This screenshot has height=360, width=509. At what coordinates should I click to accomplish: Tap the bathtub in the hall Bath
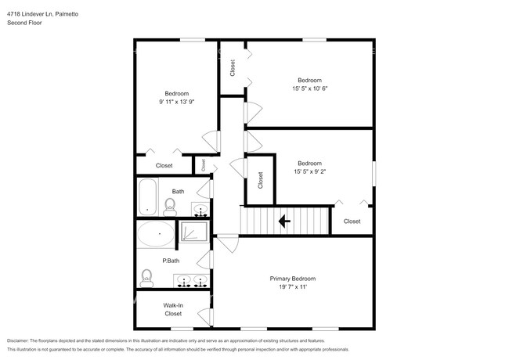(x=146, y=196)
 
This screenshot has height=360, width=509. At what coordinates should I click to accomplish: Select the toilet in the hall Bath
(x=170, y=206)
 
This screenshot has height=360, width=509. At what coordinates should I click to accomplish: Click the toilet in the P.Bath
(x=146, y=277)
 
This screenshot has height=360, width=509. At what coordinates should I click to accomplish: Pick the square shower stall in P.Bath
(x=194, y=232)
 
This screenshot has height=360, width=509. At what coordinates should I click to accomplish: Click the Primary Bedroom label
(x=292, y=279)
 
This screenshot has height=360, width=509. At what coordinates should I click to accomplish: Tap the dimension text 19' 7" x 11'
(x=292, y=287)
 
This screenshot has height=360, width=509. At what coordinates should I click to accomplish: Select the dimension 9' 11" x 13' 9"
(x=176, y=102)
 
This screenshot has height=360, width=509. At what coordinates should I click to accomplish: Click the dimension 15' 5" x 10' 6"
(x=309, y=88)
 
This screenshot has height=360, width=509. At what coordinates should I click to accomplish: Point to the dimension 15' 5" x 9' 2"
(x=309, y=171)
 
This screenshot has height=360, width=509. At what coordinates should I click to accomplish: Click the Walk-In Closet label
(x=173, y=309)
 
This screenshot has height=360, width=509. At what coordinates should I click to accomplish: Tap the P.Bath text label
(x=171, y=261)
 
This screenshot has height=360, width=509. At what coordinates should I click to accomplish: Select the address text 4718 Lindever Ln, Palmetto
(x=48, y=14)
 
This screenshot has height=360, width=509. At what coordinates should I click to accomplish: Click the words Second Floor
(x=24, y=23)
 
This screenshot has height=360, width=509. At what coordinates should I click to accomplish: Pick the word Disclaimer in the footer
(x=17, y=341)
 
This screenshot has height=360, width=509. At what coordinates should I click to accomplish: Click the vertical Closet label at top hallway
(x=233, y=68)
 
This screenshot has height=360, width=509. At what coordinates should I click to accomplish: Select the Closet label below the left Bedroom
(x=164, y=165)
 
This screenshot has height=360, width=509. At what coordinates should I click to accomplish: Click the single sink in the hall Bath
(x=200, y=210)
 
